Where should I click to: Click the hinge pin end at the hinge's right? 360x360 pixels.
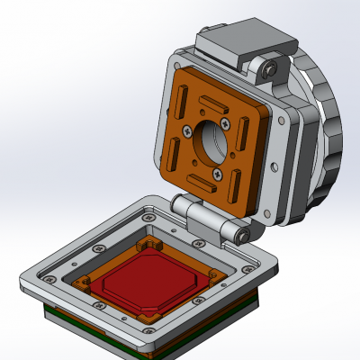pyautogui.click(x=241, y=236)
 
